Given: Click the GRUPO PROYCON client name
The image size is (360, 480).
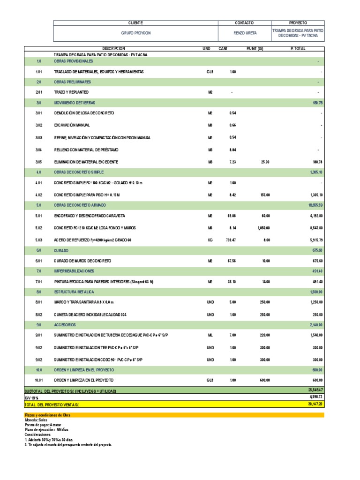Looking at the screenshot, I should tap(135, 34).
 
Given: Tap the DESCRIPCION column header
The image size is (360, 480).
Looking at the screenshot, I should tap(113, 49).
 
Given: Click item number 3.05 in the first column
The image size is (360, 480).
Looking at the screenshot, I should tap(39, 162).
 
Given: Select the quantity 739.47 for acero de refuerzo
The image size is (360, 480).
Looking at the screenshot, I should tap(230, 240).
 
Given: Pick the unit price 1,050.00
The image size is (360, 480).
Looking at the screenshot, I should tap(263, 228).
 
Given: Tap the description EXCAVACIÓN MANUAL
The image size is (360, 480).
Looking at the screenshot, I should tap(77, 126).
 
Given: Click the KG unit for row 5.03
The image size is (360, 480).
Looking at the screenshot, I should tap(210, 240).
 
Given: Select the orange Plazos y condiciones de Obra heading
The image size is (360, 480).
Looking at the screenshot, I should tap(46, 415).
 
